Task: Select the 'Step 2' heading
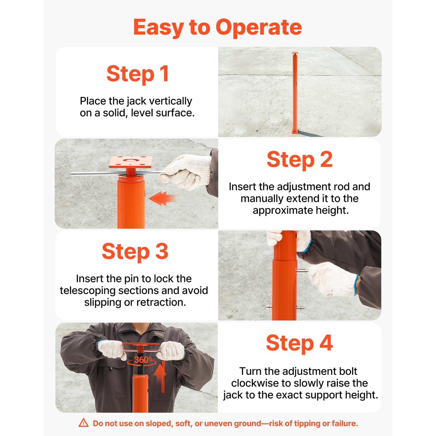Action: coord(299,159)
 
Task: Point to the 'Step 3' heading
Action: coord(135,251)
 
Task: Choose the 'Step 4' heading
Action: coord(299,343)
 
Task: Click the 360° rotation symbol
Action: coord(142,361)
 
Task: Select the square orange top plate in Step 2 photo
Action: coord(131,162)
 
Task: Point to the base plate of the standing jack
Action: coord(295,132)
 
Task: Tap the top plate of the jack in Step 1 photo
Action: coord(295,53)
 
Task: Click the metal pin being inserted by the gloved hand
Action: coord(302,271)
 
